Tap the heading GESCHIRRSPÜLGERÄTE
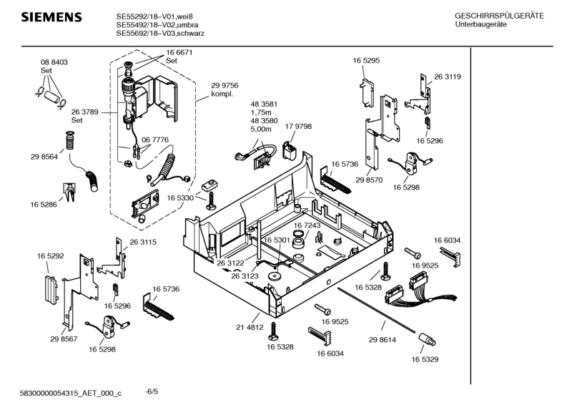[498, 16]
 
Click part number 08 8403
[54, 63]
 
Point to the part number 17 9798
[298, 127]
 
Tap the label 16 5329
[425, 358]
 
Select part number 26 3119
[447, 77]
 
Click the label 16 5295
[365, 61]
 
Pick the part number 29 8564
[44, 157]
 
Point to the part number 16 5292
[51, 255]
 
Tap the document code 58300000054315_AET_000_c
[71, 393]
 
